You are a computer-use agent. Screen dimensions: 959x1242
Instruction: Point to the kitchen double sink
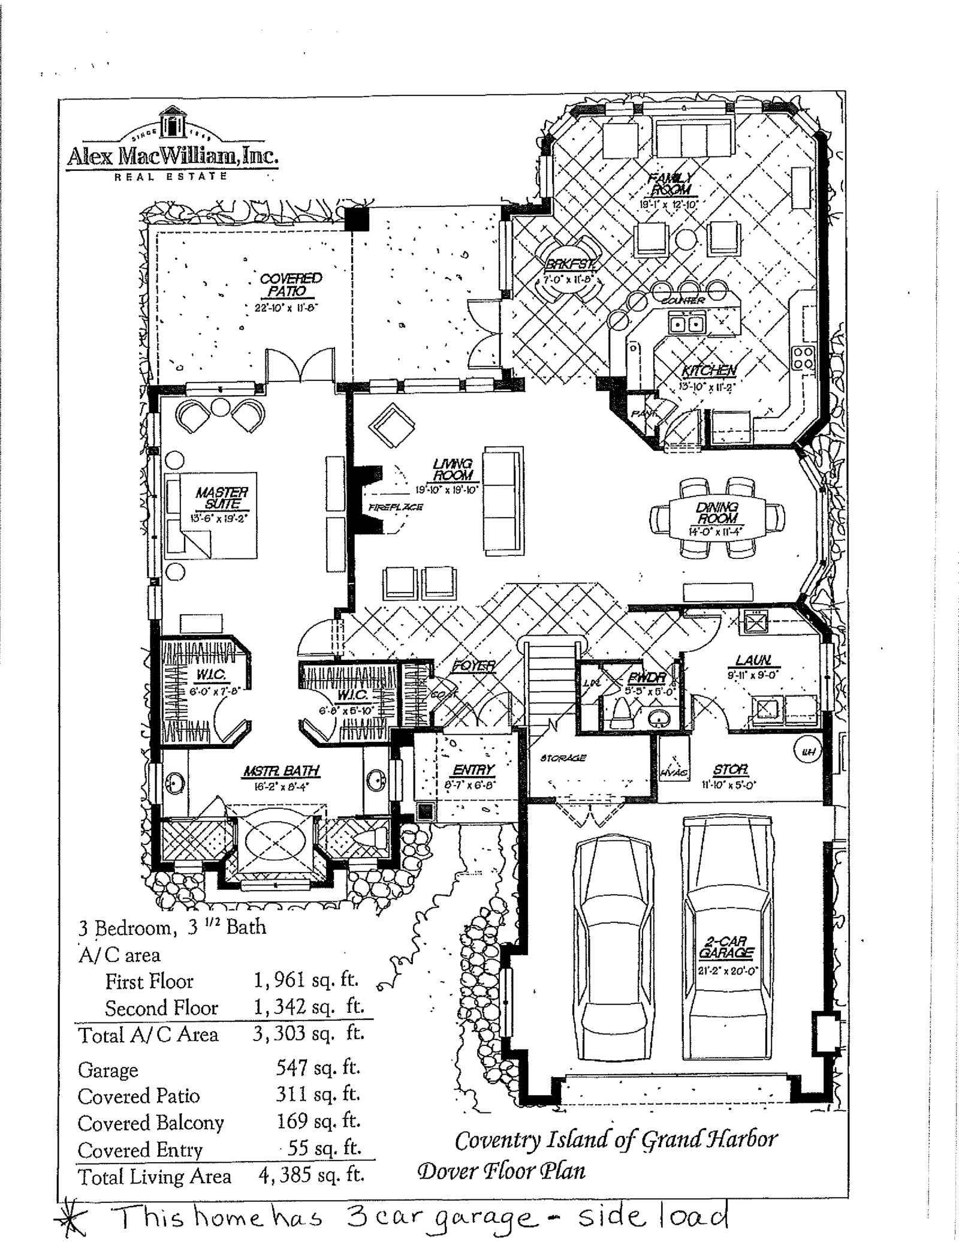686,324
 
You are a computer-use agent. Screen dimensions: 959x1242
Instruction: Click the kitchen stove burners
803,357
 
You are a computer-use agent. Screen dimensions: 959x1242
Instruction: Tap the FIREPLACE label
396,507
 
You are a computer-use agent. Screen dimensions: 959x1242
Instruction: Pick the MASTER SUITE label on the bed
221,498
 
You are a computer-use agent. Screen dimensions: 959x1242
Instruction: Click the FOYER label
474,666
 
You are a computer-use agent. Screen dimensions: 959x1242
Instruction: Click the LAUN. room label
753,660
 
